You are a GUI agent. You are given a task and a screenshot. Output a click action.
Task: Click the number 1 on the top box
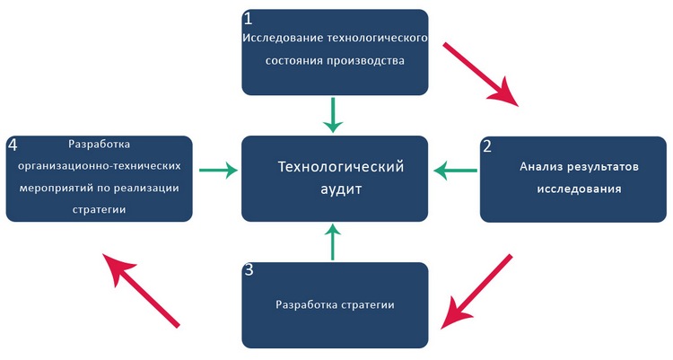tap(249, 19)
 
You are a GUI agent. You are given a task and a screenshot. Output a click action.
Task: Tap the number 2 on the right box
tap(486, 147)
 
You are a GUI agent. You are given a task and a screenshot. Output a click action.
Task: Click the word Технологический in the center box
tap(341, 167)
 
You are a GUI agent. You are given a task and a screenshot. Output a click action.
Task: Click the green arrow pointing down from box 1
tap(333, 115)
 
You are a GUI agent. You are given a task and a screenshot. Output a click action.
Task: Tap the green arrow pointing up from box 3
tap(333, 241)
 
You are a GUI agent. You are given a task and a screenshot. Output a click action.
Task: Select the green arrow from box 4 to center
tap(218, 169)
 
